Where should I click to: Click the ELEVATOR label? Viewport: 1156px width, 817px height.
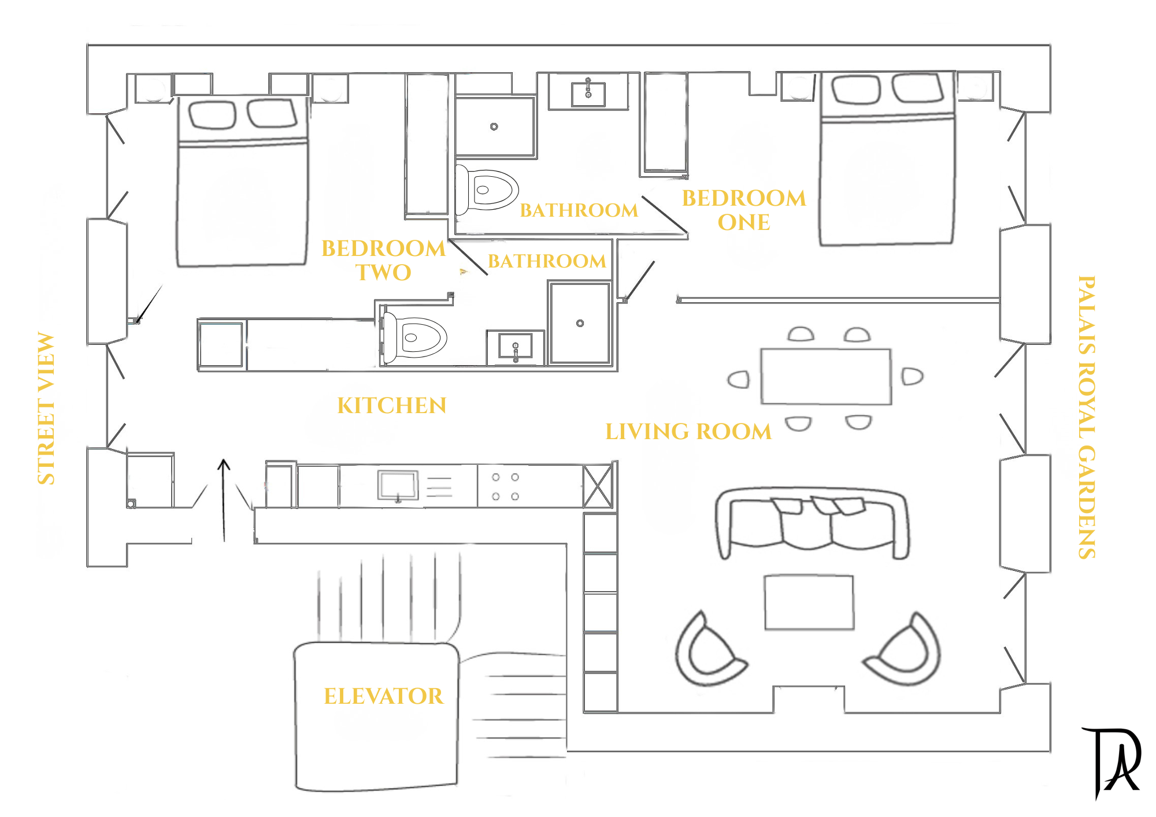click(383, 696)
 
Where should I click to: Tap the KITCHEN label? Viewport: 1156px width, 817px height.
click(392, 406)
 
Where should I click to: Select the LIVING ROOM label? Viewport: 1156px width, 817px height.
click(688, 432)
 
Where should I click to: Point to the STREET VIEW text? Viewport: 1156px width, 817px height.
click(46, 408)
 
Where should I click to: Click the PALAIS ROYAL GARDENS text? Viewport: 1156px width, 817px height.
click(1087, 417)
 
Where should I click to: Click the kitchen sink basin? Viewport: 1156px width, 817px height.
click(398, 484)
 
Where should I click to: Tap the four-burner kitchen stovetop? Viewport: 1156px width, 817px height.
click(505, 487)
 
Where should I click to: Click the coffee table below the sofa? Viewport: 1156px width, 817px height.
click(809, 602)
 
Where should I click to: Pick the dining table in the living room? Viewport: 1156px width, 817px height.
click(825, 376)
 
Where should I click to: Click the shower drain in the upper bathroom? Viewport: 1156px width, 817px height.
click(494, 127)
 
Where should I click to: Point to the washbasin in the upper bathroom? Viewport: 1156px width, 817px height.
click(588, 94)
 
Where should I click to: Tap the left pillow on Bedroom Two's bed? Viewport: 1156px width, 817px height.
click(212, 114)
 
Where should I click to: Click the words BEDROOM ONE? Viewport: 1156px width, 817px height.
click(744, 210)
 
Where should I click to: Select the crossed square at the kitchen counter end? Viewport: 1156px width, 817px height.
click(598, 487)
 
